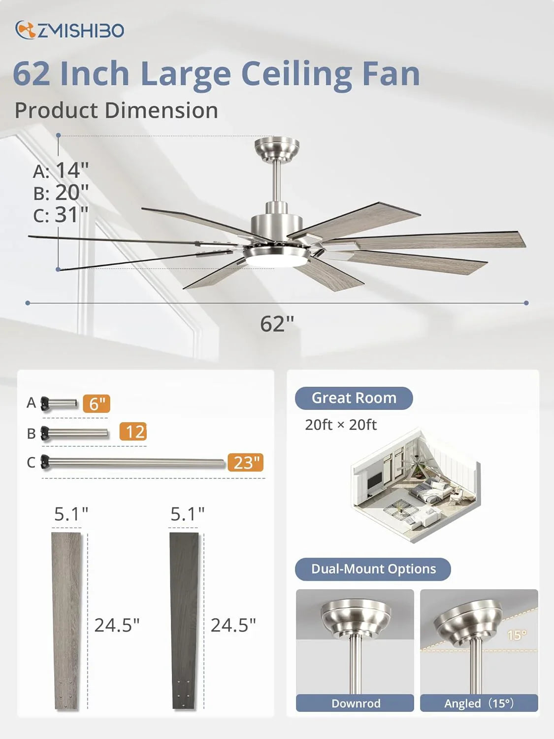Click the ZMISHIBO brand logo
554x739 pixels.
69,31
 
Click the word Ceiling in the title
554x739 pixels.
296,74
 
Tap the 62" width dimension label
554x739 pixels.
277,324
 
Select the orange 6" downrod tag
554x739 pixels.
97,403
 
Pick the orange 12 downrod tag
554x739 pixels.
133,432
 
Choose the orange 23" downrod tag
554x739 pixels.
246,463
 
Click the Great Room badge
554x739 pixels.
354,398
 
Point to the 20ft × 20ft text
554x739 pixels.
341,425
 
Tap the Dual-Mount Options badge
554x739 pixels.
373,569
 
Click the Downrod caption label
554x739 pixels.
355,703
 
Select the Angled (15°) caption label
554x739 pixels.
479,703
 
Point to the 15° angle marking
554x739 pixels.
517,635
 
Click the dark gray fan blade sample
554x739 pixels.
184,621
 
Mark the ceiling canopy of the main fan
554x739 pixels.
277,148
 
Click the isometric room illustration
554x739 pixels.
415,485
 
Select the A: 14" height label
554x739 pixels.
61,170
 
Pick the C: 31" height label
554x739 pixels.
61,215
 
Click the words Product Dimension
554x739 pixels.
116,110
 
